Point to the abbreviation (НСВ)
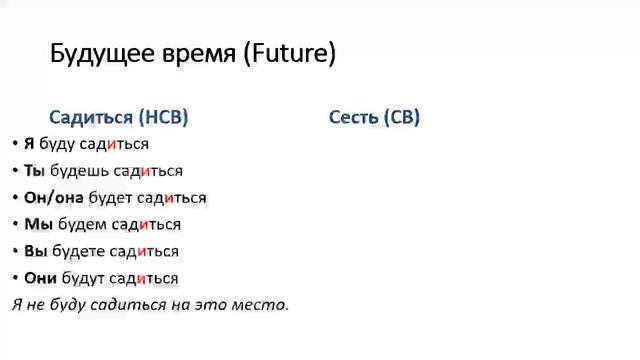tap(164, 117)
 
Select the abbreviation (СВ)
tap(402, 117)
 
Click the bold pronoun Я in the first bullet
tap(29, 144)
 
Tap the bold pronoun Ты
tap(35, 171)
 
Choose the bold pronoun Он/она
tap(54, 198)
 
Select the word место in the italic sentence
tap(262, 304)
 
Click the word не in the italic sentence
tap(35, 304)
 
